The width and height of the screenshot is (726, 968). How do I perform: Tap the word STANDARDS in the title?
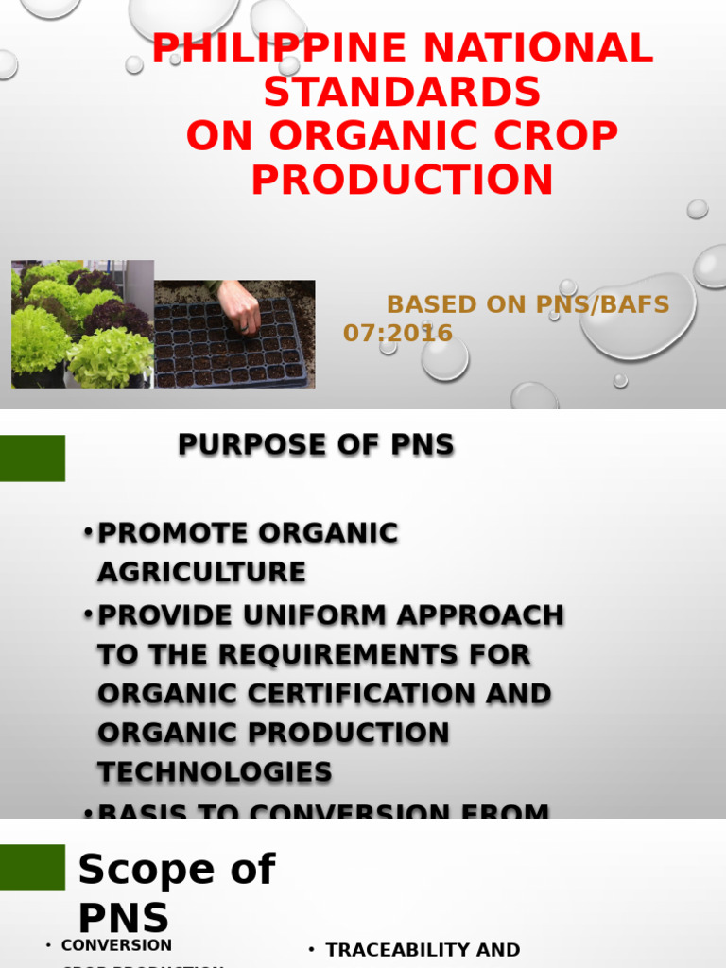point(402,93)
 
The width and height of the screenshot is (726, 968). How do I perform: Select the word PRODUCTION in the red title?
point(402,180)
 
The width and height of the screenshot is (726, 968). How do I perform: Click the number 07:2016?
point(397,333)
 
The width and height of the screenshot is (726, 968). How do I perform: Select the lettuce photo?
point(82,324)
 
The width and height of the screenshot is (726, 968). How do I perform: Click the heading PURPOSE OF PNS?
point(316,444)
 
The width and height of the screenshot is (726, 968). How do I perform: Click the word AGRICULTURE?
point(201,572)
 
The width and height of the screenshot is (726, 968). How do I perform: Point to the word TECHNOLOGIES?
point(215,771)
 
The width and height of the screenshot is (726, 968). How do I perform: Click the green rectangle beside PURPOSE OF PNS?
point(32,458)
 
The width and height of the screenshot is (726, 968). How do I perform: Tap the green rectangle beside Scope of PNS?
point(32,868)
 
